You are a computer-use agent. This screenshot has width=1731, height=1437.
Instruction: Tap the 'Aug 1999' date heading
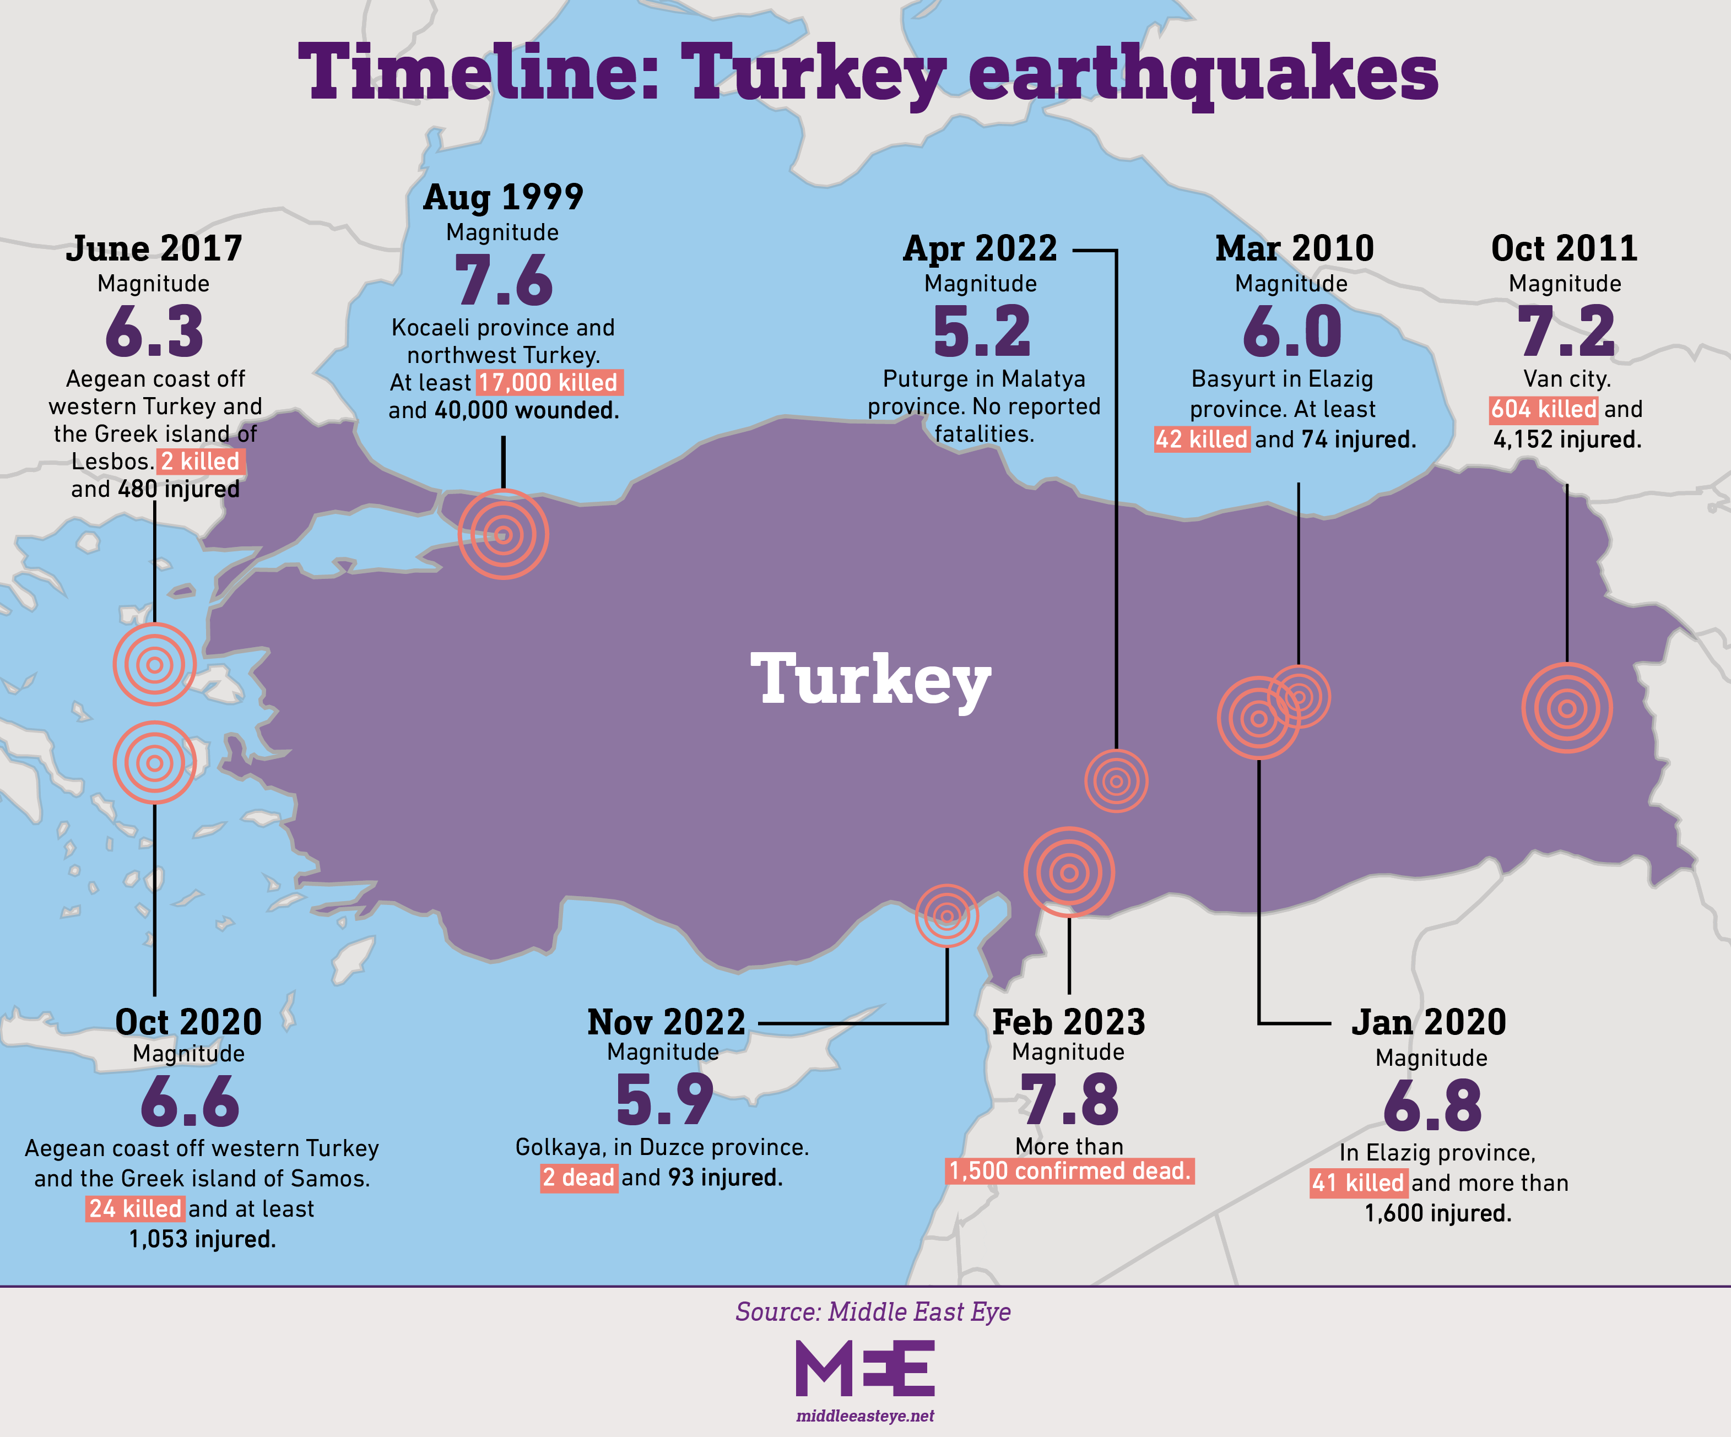503,198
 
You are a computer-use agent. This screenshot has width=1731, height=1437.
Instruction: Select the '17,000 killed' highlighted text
549,382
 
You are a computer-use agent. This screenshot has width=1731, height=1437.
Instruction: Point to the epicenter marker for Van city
1566,708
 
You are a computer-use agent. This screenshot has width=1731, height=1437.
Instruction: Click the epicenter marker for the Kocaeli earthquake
503,534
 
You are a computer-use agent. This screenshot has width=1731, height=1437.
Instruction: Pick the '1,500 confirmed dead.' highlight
1069,1171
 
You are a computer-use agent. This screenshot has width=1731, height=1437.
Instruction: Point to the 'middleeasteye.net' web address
865,1416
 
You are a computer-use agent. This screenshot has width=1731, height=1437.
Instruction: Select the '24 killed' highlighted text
135,1209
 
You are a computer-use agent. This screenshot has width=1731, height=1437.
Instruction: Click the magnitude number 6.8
1432,1106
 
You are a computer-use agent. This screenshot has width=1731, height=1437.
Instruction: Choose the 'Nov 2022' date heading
666,1023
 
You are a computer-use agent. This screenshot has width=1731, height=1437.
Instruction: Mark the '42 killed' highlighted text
1201,439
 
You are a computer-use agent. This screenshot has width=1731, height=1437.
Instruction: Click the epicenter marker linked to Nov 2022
946,915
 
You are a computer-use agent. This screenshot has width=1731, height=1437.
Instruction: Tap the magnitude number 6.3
154,331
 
